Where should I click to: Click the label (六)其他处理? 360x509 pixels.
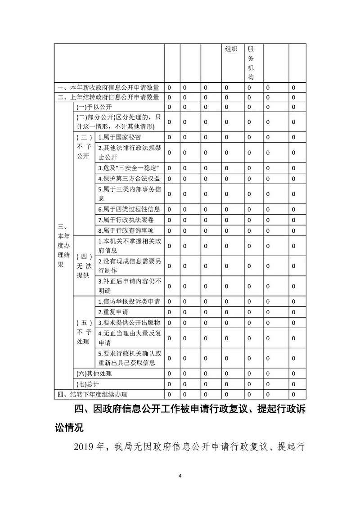[x=94, y=374]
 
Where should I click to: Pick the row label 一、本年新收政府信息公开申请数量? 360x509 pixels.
[x=108, y=87]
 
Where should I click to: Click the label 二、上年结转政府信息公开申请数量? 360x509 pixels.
[x=108, y=97]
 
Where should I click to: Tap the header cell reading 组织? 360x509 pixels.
[x=231, y=50]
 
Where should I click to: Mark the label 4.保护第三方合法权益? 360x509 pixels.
[x=129, y=179]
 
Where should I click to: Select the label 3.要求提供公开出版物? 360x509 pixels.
[x=129, y=322]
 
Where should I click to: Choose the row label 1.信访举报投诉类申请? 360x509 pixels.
[x=129, y=302]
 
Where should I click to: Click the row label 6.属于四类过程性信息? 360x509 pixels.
[x=129, y=209]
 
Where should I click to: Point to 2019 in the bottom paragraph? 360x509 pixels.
[x=84, y=446]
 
